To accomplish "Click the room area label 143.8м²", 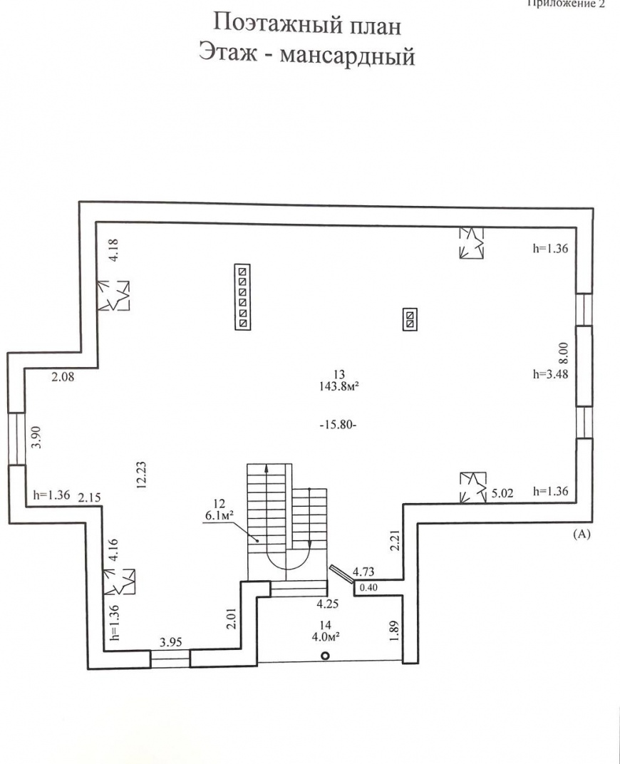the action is click(x=339, y=387).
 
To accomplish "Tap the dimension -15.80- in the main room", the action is click(x=339, y=424).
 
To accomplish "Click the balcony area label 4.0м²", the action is click(x=326, y=636).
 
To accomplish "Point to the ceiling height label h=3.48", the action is click(x=550, y=374).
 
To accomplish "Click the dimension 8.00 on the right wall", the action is click(x=563, y=353).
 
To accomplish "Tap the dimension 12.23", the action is click(x=141, y=475).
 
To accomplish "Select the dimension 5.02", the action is click(x=502, y=493).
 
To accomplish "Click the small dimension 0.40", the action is click(x=368, y=588).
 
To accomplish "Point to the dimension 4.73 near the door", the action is click(x=363, y=571).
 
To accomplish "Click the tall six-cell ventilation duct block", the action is click(x=242, y=297).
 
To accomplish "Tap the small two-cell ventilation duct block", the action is click(x=410, y=319).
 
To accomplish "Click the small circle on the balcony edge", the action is click(x=325, y=656).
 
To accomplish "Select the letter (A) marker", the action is click(x=582, y=534).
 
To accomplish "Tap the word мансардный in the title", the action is click(x=347, y=56).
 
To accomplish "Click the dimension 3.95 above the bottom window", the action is click(x=170, y=642).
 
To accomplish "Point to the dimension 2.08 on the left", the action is click(x=63, y=376).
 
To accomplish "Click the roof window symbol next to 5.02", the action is click(x=473, y=487).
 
